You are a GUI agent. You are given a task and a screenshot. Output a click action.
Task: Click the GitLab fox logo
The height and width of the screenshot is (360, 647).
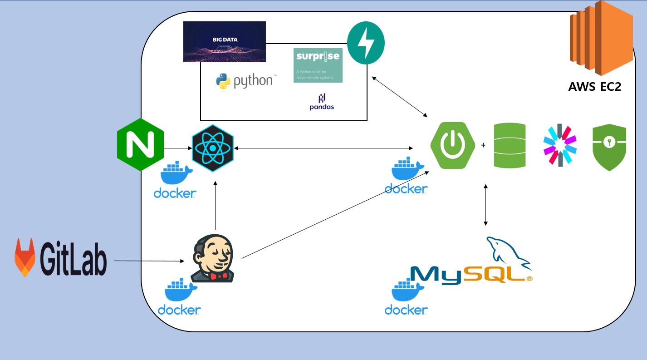point(25,257)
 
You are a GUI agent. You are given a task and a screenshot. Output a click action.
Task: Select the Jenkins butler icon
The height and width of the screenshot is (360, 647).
point(213,259)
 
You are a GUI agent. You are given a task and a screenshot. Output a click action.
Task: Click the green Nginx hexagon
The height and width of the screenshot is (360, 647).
point(140,144)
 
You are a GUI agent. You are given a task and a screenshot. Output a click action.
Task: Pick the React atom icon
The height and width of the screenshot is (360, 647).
point(213,148)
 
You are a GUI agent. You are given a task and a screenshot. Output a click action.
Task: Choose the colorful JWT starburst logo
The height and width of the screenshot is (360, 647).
point(560,145)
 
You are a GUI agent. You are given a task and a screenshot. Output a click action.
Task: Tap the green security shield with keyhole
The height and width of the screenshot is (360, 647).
point(609,147)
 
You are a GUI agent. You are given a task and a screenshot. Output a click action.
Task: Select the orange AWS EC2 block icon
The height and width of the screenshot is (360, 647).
point(601,38)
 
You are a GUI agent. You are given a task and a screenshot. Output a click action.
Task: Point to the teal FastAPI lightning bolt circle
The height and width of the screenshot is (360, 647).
point(366,44)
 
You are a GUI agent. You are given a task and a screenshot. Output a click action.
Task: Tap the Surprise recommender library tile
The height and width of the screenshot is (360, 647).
point(318,65)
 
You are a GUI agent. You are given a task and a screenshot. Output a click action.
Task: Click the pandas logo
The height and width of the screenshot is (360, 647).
point(322,102)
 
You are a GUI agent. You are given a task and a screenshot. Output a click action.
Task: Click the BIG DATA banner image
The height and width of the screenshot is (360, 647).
point(225,41)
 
